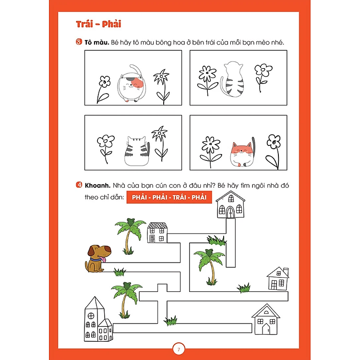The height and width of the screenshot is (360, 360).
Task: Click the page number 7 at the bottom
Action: pos(179,349)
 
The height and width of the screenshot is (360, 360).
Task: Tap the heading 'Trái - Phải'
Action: pos(98,24)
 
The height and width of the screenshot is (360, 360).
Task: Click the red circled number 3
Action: pos(79,42)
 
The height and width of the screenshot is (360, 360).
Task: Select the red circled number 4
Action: pos(79,185)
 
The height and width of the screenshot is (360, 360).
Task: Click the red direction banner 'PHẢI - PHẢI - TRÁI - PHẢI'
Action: pos(169,197)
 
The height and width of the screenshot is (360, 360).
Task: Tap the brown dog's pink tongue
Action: pos(104,259)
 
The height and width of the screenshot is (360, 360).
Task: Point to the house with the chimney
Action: pos(278,278)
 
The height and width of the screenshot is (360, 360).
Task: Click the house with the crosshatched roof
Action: pos(157,232)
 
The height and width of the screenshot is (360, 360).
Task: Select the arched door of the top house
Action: pos(230,212)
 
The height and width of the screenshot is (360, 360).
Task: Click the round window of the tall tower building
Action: pos(91,316)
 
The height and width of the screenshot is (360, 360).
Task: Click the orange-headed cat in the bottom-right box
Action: pos(242,152)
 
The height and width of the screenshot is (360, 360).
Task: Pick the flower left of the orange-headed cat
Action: pos(210,151)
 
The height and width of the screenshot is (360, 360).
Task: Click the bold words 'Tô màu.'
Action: pos(97,42)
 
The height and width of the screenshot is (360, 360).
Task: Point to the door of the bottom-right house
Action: pos(266,329)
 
